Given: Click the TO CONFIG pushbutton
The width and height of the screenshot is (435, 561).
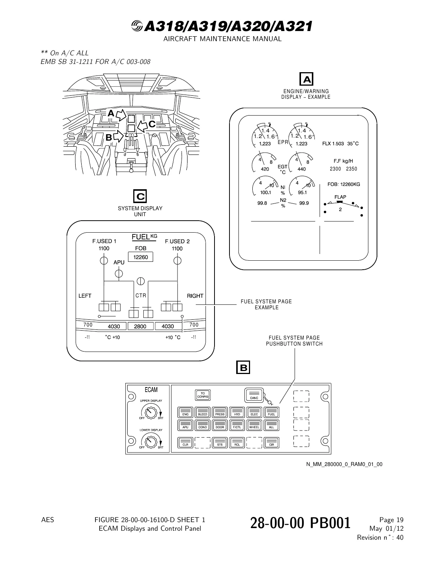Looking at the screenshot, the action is (203, 395).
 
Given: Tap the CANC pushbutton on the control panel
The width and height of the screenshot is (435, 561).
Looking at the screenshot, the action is (254, 395).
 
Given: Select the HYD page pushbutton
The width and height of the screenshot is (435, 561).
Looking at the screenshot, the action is (237, 412).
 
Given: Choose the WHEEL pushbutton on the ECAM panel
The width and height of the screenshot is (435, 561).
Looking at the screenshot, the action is (254, 425).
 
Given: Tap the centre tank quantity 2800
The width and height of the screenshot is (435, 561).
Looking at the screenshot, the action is (140, 326).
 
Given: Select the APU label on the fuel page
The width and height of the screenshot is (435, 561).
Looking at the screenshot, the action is (119, 262).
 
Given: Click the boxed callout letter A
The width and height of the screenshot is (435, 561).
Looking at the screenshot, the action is (306, 79).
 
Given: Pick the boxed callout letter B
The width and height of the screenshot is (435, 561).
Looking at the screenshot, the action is (243, 367).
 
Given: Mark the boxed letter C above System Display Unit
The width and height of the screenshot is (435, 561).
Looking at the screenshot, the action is (140, 196).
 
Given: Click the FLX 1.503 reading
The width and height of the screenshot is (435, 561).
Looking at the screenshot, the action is (333, 144).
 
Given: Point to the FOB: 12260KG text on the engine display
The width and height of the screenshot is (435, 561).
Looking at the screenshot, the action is (344, 184).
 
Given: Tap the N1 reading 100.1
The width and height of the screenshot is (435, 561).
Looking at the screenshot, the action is (265, 193).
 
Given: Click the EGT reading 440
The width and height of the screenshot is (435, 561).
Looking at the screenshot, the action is (301, 169).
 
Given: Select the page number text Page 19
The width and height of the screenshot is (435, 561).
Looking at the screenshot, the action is (391, 520).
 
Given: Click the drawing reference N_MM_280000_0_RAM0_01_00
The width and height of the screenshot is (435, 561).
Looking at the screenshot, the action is (344, 464).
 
